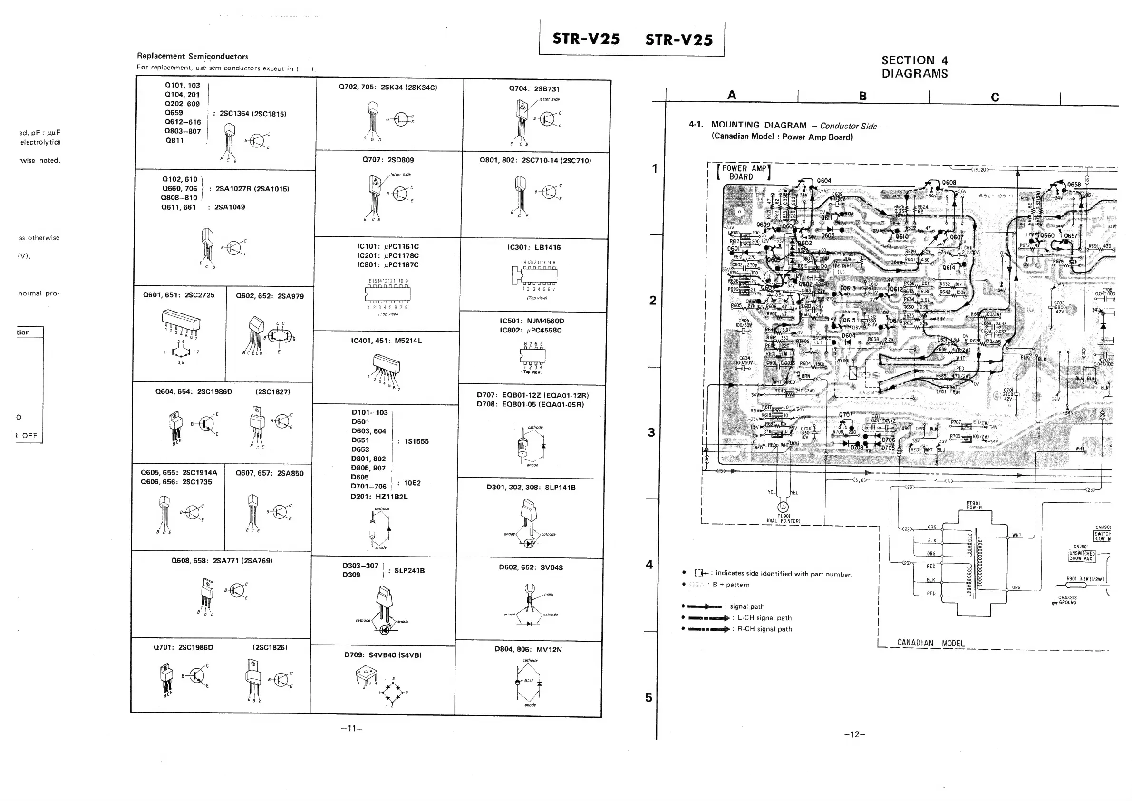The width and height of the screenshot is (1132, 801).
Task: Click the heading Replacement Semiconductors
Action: [192, 56]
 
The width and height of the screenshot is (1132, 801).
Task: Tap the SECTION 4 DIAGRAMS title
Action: [915, 67]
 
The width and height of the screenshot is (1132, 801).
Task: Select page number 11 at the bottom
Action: [351, 729]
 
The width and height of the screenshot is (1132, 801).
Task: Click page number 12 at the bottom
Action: [854, 734]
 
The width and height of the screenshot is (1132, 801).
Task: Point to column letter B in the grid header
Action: [863, 96]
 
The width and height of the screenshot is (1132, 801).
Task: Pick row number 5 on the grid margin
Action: [648, 697]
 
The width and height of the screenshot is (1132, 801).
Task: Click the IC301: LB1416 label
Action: [534, 248]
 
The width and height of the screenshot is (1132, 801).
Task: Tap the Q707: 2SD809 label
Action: [388, 160]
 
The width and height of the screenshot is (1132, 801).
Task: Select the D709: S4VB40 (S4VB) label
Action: [383, 655]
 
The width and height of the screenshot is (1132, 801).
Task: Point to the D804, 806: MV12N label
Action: [528, 650]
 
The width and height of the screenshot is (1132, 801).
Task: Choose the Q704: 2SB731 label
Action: [534, 89]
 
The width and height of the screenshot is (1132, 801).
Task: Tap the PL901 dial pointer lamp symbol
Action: [783, 507]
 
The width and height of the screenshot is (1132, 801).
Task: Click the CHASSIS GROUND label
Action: [1067, 600]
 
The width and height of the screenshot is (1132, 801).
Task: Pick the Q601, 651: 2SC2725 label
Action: [178, 295]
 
